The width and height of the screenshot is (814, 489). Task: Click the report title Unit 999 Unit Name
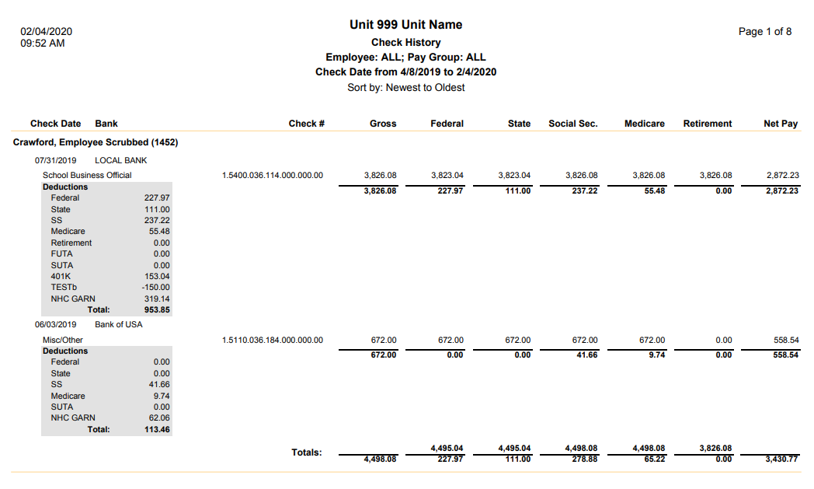tap(405, 25)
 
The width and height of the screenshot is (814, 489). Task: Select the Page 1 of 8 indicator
tap(765, 32)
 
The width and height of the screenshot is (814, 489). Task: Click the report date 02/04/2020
tap(46, 32)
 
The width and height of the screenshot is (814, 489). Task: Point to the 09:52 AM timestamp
tap(43, 44)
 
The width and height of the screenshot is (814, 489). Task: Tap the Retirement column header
tap(707, 124)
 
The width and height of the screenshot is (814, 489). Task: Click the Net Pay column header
tap(781, 124)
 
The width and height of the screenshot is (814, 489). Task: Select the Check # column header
tap(306, 124)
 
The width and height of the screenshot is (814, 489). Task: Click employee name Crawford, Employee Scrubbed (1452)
tap(96, 143)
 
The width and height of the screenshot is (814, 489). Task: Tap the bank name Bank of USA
tap(119, 324)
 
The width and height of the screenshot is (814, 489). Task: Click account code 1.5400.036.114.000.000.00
tap(272, 176)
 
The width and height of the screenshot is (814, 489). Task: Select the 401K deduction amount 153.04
tap(157, 276)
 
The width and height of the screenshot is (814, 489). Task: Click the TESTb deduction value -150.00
tap(155, 288)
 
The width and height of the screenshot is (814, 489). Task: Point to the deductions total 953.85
tap(157, 310)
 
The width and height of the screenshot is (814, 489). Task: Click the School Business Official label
tap(87, 176)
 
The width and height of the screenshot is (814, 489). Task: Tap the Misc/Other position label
tap(63, 340)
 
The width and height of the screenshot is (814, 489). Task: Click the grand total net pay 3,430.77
tap(781, 459)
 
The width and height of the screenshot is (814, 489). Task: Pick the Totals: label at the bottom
tap(307, 452)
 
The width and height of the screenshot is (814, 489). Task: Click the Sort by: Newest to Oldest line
tap(405, 88)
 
